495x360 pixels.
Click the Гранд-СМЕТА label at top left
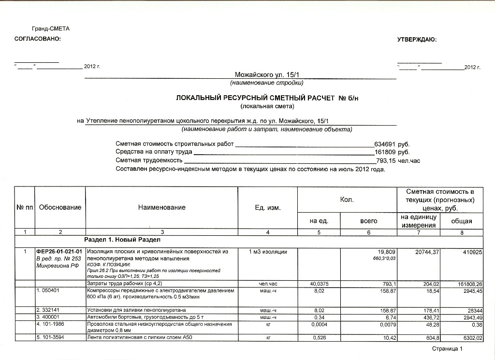pos(51,29)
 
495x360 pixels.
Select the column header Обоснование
pos(60,207)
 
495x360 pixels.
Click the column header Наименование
pos(161,207)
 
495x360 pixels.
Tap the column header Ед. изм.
pos(268,208)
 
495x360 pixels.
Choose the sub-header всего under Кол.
pos(369,220)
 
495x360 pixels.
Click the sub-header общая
pos(461,221)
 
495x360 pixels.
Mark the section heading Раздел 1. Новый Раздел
pos(122,240)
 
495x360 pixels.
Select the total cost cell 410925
pos(471,252)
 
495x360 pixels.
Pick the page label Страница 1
pos(447,348)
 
